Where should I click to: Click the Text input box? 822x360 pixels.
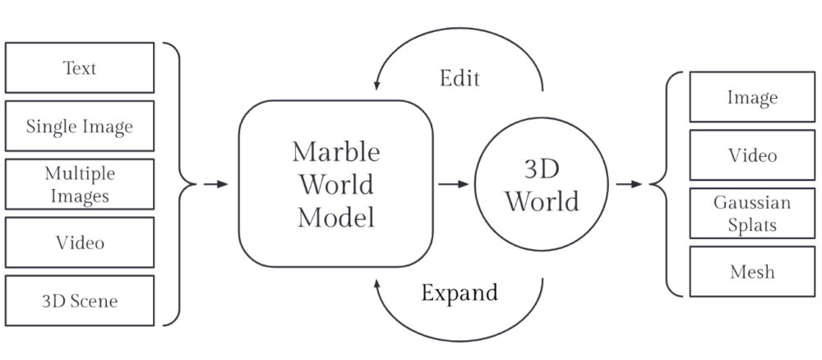[x=80, y=67]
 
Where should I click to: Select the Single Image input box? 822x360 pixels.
[x=80, y=126]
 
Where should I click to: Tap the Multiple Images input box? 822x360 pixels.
[x=80, y=184]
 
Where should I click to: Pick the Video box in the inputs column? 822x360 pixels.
[x=80, y=242]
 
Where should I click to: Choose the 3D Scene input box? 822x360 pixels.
[x=80, y=301]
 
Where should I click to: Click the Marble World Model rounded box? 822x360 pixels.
[x=335, y=184]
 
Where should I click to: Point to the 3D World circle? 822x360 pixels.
[x=541, y=186]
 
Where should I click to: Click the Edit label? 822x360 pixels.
[x=460, y=79]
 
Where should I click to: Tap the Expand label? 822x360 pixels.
[x=459, y=293]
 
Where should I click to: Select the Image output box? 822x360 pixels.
[x=752, y=98]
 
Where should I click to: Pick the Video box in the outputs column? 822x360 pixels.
[x=752, y=155]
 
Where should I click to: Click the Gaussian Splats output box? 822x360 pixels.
[x=752, y=213]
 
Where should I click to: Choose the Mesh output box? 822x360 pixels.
[x=752, y=270]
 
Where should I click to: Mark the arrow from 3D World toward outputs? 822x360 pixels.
[x=629, y=184]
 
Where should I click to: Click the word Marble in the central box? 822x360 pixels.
[x=335, y=152]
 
